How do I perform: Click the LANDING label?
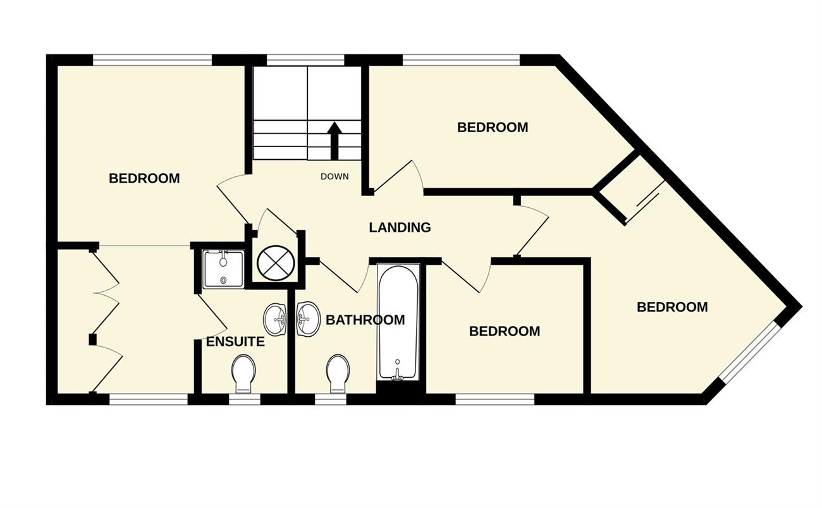pyautogui.click(x=400, y=227)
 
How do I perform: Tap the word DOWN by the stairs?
pyautogui.click(x=334, y=177)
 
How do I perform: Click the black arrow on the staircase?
pyautogui.click(x=334, y=141)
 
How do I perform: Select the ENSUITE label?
pyautogui.click(x=235, y=341)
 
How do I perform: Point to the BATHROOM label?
pyautogui.click(x=365, y=320)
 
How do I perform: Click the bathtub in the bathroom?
pyautogui.click(x=398, y=323)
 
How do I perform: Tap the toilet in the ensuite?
pyautogui.click(x=243, y=373)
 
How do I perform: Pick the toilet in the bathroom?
pyautogui.click(x=338, y=373)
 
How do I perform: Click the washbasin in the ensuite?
pyautogui.click(x=275, y=319)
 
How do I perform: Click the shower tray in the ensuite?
pyautogui.click(x=223, y=269)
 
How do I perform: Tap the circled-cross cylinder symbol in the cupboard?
pyautogui.click(x=276, y=263)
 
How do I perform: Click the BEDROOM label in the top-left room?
pyautogui.click(x=144, y=178)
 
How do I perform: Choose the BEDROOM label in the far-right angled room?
pyautogui.click(x=672, y=307)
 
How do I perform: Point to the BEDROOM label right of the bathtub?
pyautogui.click(x=505, y=331)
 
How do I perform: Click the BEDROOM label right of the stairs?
pyautogui.click(x=493, y=127)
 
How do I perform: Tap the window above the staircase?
pyautogui.click(x=305, y=60)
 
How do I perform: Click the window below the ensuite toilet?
pyautogui.click(x=245, y=399)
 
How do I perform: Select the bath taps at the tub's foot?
pyautogui.click(x=397, y=374)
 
